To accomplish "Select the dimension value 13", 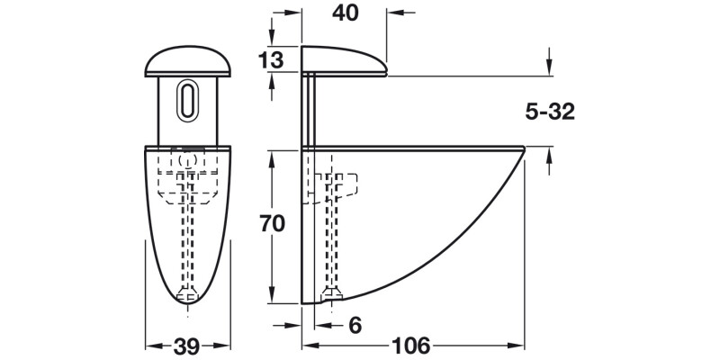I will tap(270, 60).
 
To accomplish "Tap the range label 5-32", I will tap(549, 112).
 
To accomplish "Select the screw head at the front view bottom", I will tap(188, 293).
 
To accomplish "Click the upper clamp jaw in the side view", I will tap(346, 60).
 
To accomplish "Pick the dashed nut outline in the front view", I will tap(188, 180).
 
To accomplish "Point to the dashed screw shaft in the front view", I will tap(188, 243).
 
